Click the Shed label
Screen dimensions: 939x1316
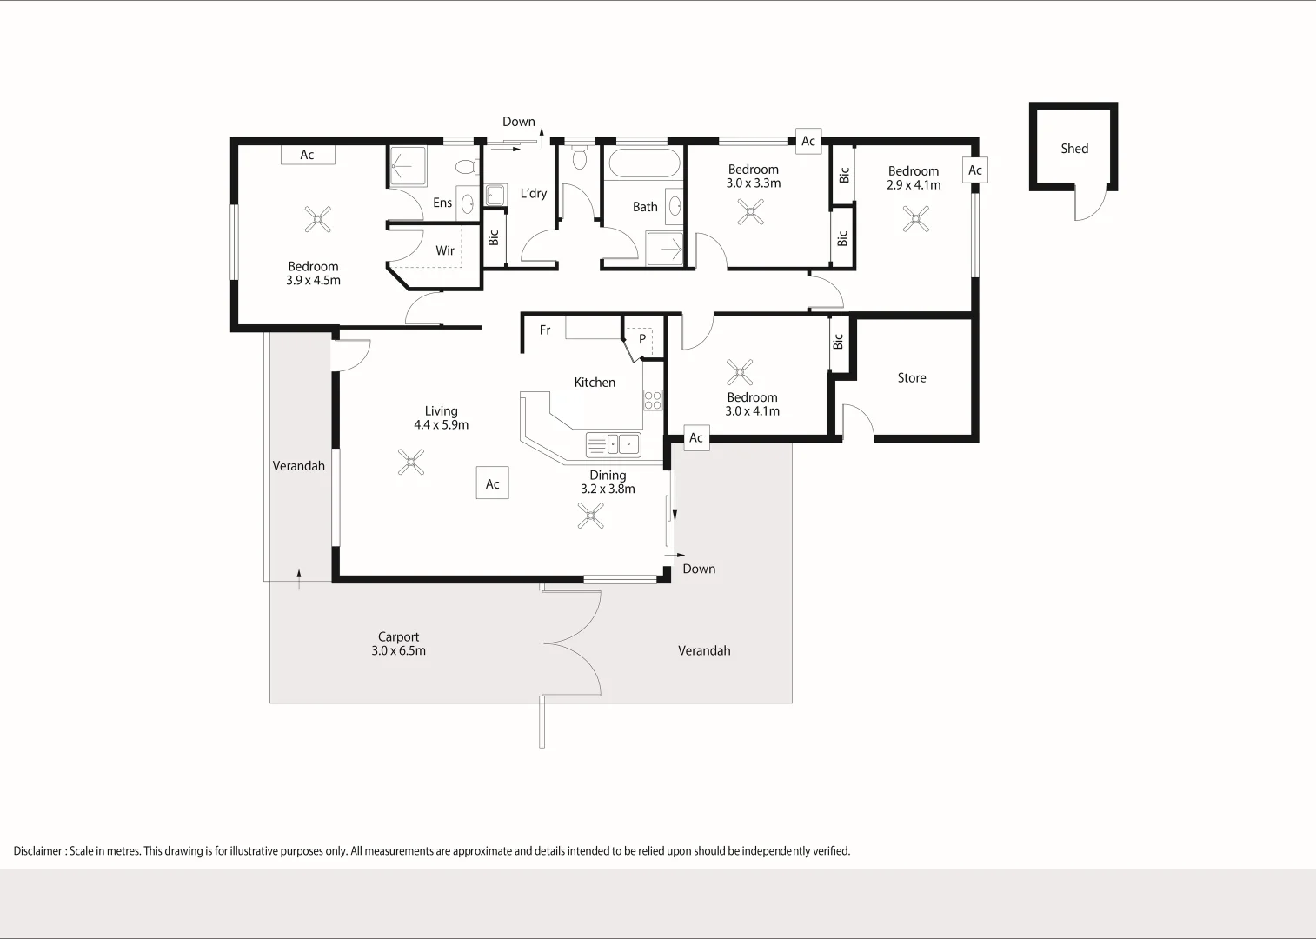pyautogui.click(x=1074, y=149)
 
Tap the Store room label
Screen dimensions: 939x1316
pyautogui.click(x=912, y=378)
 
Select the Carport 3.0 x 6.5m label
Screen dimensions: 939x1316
pyautogui.click(x=399, y=644)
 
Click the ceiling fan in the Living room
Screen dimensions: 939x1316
pyautogui.click(x=411, y=462)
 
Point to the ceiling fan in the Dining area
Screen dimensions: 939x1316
pyautogui.click(x=591, y=516)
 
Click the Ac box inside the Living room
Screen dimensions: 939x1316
pyautogui.click(x=492, y=484)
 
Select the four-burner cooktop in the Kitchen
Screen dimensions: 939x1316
pyautogui.click(x=652, y=400)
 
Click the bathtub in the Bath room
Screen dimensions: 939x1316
pyautogui.click(x=643, y=163)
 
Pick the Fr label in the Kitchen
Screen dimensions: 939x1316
pyautogui.click(x=545, y=330)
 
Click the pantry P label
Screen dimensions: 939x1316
pyautogui.click(x=642, y=339)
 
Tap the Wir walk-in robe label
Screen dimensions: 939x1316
pyautogui.click(x=445, y=250)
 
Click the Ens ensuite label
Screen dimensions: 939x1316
pyautogui.click(x=442, y=203)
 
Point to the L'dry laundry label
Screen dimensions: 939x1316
pyautogui.click(x=534, y=194)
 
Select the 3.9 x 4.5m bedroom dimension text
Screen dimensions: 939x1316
pyautogui.click(x=314, y=281)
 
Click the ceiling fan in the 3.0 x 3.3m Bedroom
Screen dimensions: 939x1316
pyautogui.click(x=751, y=212)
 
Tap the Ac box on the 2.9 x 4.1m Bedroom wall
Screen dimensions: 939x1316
pyautogui.click(x=975, y=170)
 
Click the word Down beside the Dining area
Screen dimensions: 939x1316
pyautogui.click(x=699, y=569)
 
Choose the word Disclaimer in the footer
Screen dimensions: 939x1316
pyautogui.click(x=37, y=851)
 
